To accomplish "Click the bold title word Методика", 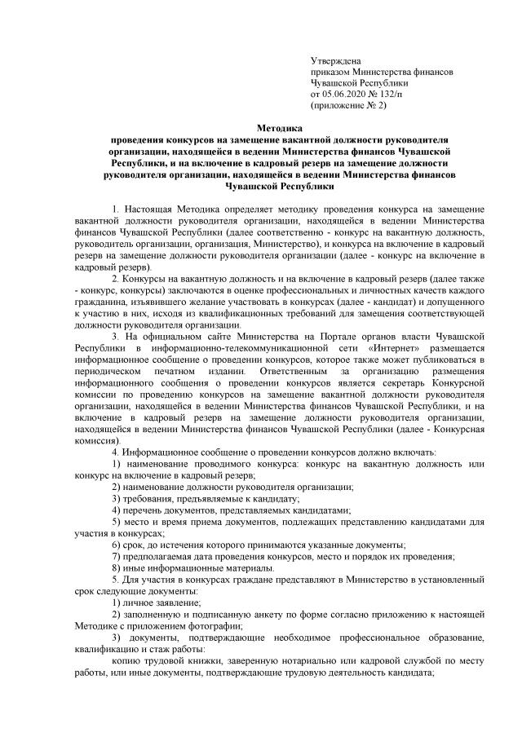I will pos(279,128).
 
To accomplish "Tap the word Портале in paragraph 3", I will pos(315,336).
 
